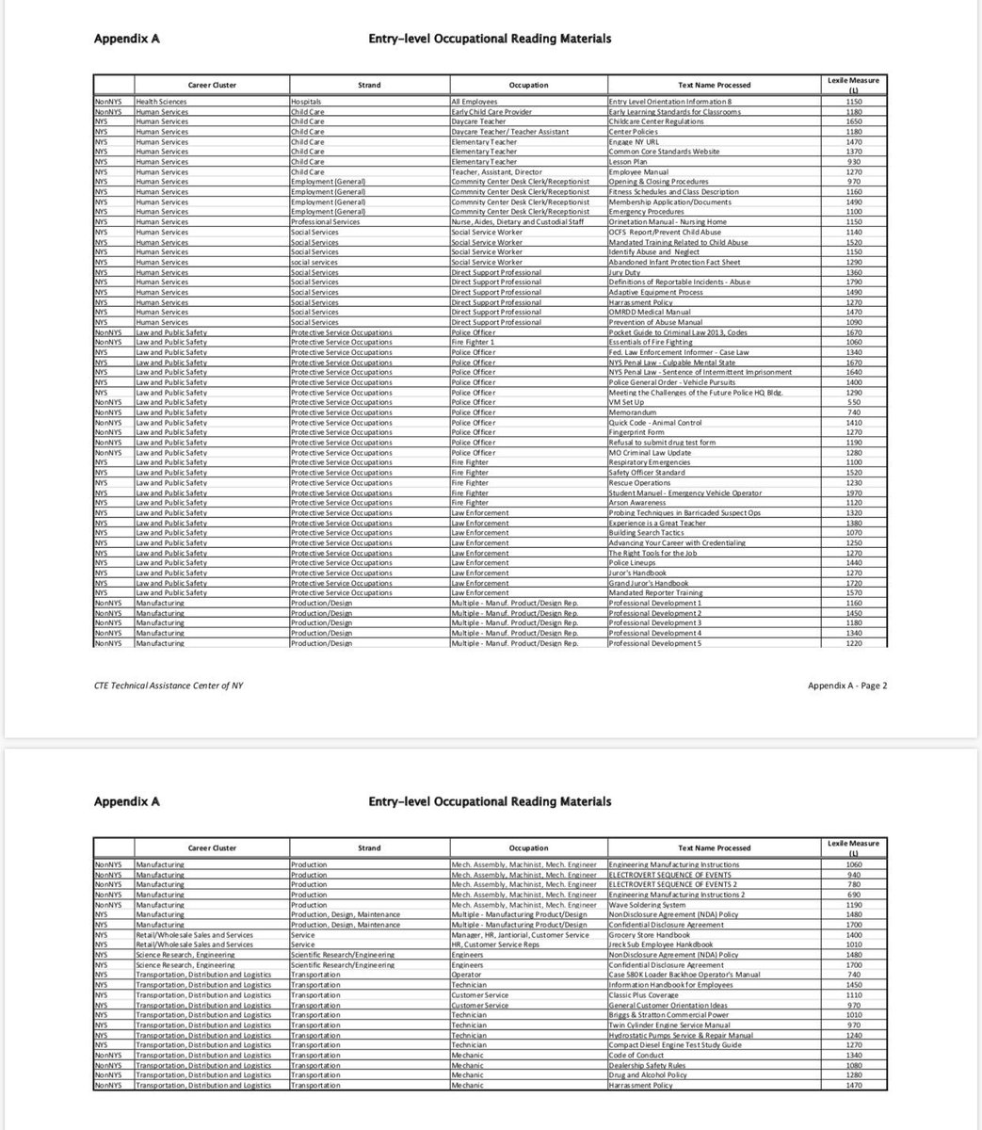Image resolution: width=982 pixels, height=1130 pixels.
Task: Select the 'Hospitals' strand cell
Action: point(307,102)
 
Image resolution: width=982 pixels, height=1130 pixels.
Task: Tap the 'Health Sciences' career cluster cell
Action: point(161,102)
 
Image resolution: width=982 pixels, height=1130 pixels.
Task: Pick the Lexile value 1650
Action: point(854,121)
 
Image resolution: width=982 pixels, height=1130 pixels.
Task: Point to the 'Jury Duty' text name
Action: point(625,272)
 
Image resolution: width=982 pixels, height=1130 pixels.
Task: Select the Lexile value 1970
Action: point(854,492)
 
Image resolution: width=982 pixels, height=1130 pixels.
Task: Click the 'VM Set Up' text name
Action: point(627,402)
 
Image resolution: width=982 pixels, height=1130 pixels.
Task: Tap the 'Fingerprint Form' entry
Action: point(636,432)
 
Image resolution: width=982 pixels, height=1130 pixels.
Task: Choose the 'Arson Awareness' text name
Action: point(637,503)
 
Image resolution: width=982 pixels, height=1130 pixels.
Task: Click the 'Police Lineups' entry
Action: point(634,563)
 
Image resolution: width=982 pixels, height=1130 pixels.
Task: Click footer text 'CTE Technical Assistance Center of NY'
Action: point(169,686)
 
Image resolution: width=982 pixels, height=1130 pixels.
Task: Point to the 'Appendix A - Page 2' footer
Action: point(846,686)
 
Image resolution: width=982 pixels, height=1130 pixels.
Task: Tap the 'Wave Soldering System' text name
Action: point(647,905)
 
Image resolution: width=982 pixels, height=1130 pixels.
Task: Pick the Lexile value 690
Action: point(854,895)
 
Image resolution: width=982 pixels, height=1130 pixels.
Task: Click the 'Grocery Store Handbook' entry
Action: point(650,935)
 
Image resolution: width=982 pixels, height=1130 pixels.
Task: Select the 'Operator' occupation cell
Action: point(468,975)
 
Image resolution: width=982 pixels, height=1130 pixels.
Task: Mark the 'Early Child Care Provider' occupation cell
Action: point(491,112)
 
